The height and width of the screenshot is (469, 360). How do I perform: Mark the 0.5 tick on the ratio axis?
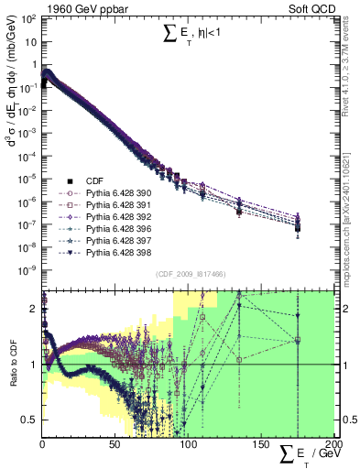click(x=31, y=420)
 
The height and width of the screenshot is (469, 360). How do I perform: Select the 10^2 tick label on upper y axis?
click(x=27, y=18)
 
